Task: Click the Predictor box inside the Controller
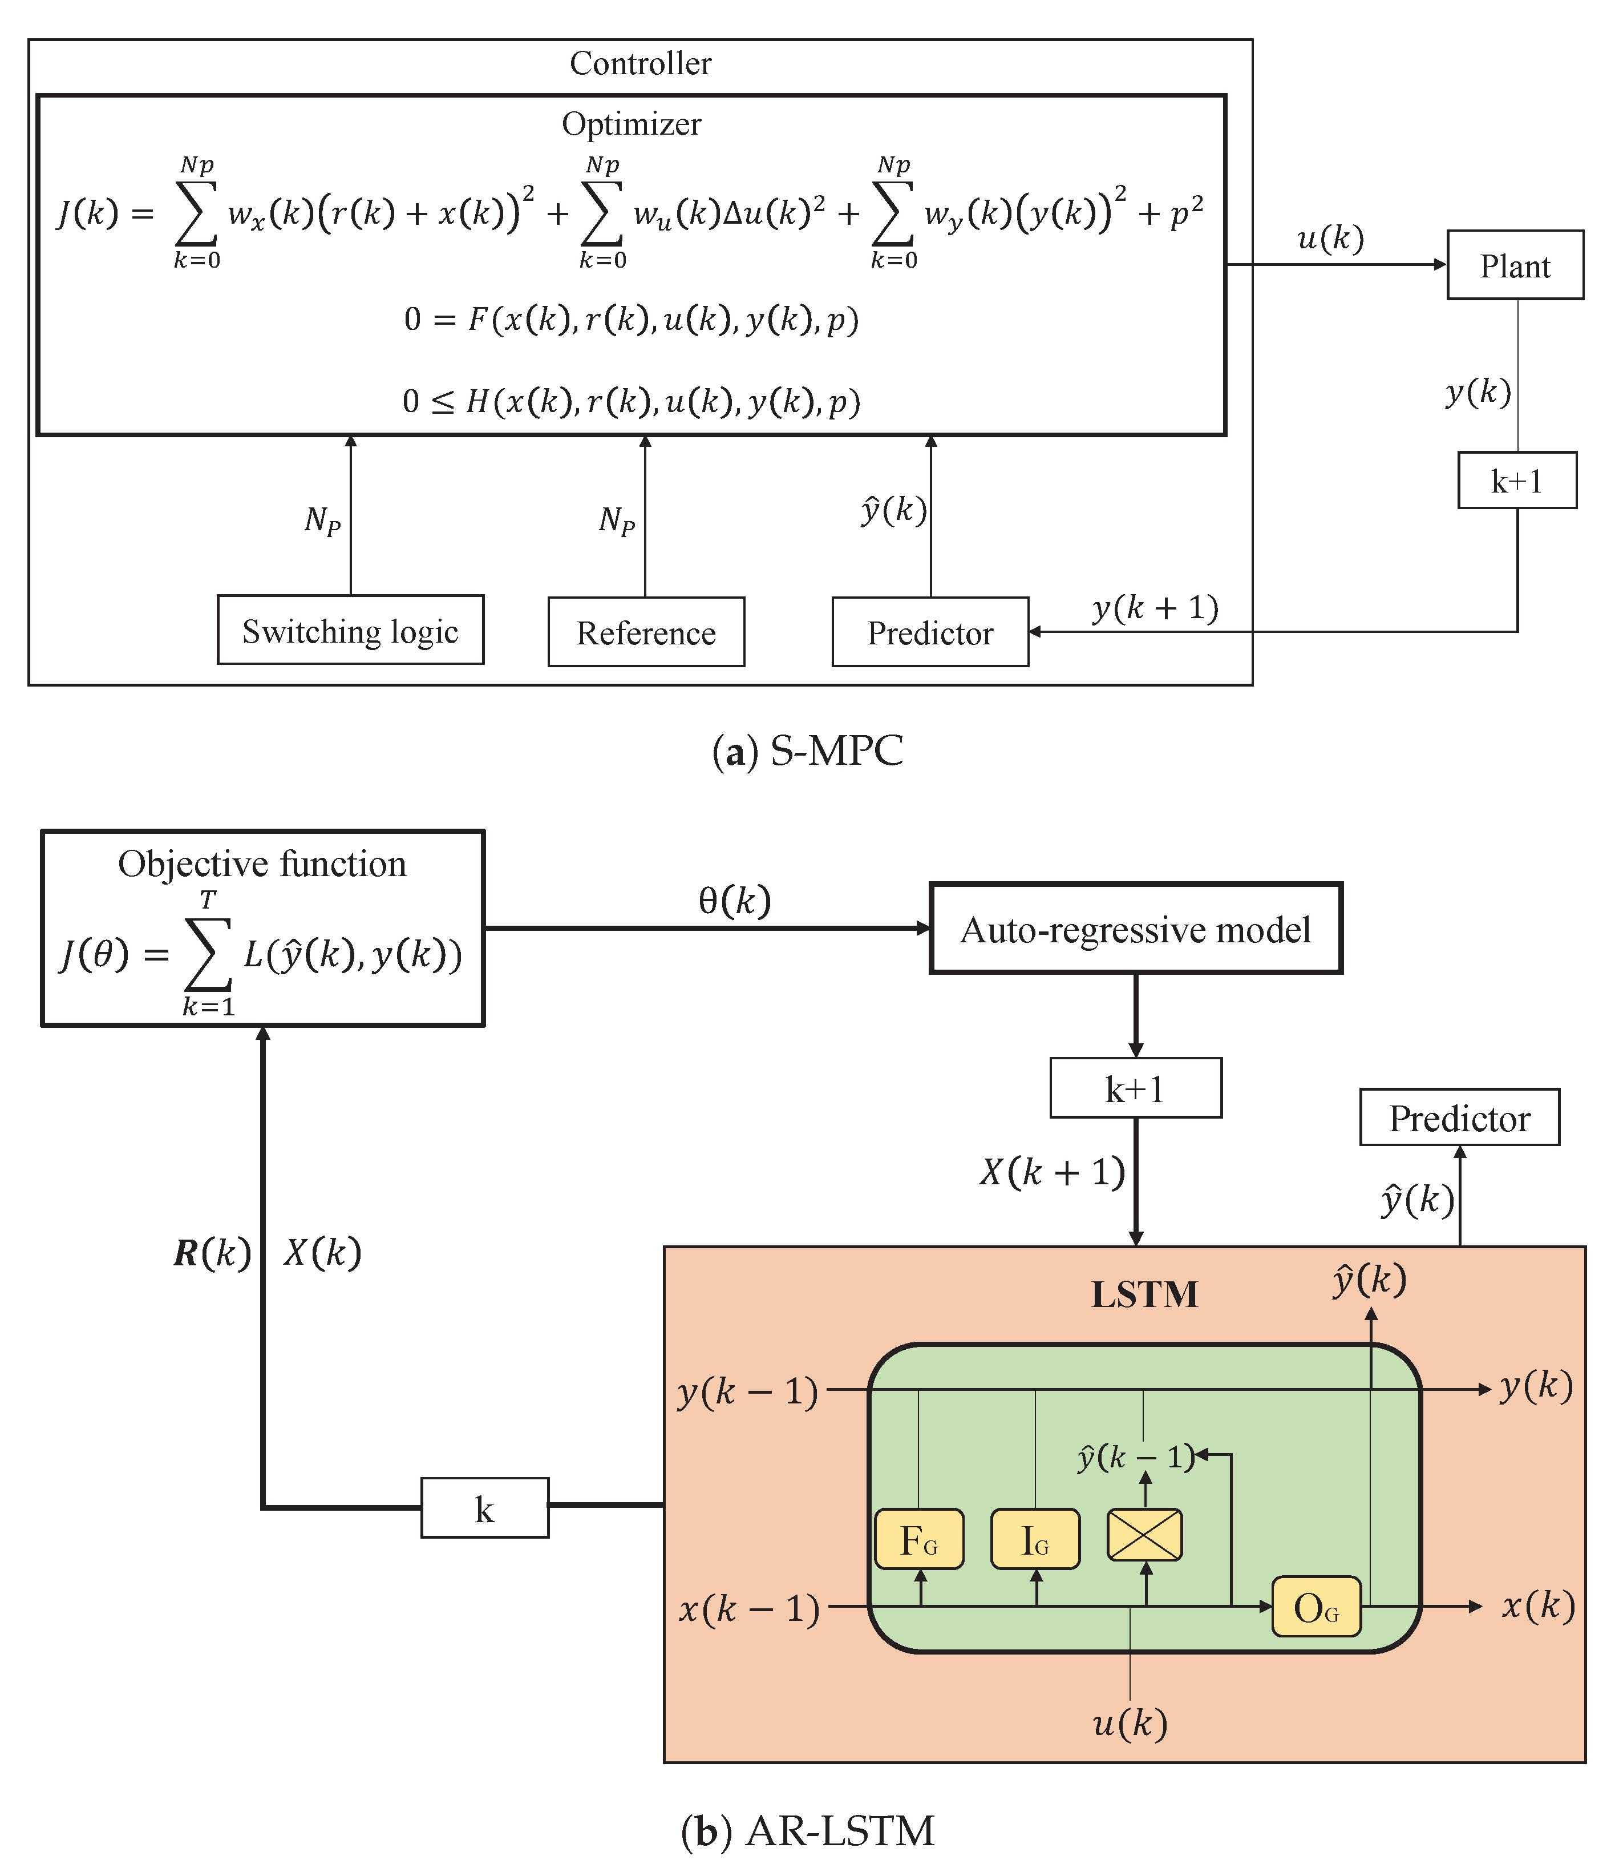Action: (x=929, y=632)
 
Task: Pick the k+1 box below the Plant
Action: (x=1517, y=481)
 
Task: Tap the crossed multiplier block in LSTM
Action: (x=1144, y=1535)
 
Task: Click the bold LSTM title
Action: (x=1144, y=1294)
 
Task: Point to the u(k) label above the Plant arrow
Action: (x=1330, y=238)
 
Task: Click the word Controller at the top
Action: (x=640, y=63)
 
